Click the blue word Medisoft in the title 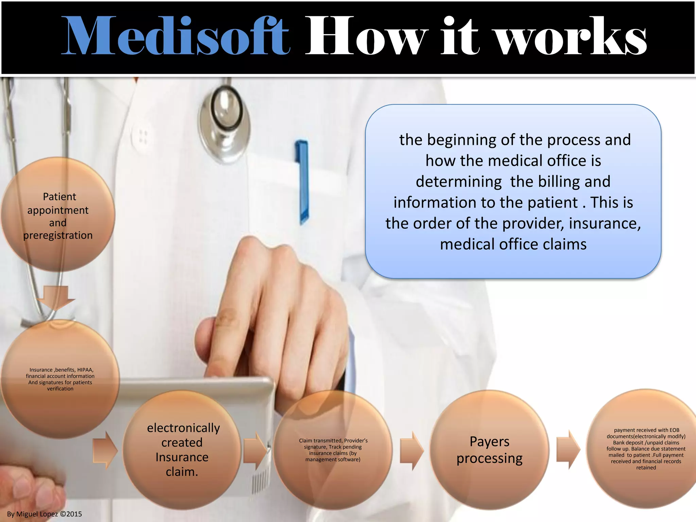click(x=175, y=36)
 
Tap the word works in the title click(x=571, y=36)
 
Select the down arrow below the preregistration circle click(x=56, y=297)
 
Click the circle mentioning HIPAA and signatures click(x=60, y=379)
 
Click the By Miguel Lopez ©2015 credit click(x=45, y=514)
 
